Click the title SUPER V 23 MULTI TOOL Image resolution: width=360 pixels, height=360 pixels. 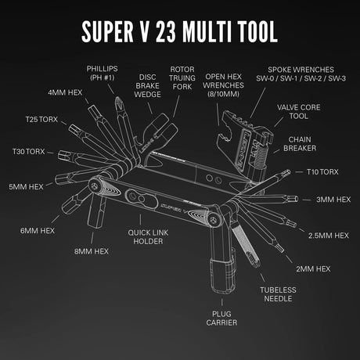pos(180,31)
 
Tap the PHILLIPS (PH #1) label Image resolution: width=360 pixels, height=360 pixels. pos(102,74)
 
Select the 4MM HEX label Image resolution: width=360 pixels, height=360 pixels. pos(65,93)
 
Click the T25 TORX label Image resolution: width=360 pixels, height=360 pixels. pos(41,122)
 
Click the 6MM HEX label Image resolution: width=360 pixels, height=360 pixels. pos(38,231)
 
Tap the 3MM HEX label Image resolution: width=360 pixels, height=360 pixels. pos(333,200)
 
